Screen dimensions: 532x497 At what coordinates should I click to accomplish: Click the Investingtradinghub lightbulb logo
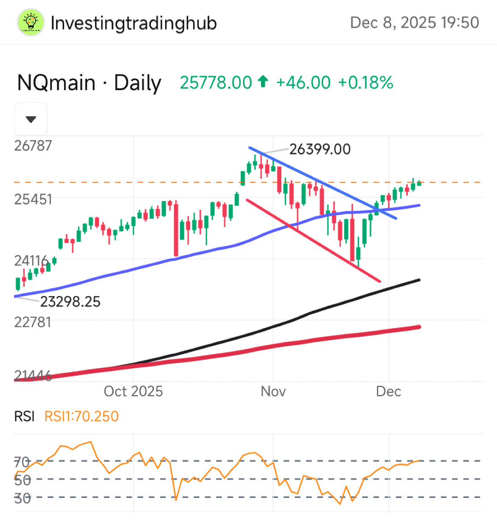point(31,23)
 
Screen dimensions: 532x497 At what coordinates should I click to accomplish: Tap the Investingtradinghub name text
point(133,23)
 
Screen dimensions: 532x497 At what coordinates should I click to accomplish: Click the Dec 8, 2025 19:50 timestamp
point(414,23)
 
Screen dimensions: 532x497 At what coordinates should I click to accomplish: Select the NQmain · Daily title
point(89,83)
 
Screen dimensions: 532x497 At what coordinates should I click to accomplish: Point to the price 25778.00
point(216,83)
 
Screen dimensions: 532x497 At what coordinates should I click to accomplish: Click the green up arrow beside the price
point(263,81)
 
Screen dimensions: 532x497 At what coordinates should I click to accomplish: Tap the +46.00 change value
point(303,83)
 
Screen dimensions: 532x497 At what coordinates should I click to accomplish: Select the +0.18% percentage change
point(366,83)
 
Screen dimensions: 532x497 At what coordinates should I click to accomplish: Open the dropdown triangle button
point(31,119)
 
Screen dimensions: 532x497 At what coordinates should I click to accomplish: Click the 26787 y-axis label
point(33,146)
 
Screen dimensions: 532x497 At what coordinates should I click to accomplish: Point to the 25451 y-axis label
point(33,199)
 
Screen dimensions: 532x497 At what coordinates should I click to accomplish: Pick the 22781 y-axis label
point(33,322)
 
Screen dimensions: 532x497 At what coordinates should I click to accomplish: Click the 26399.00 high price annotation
point(320,149)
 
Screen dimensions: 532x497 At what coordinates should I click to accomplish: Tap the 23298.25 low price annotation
point(71,302)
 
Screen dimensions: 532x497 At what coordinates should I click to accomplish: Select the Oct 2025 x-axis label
point(133,391)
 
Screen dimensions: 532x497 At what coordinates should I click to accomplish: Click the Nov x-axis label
point(273,391)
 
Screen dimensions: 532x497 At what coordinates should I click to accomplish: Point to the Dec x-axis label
point(388,391)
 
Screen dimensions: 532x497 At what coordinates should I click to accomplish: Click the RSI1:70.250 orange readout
point(82,416)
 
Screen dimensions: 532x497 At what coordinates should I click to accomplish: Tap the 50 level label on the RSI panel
point(23,480)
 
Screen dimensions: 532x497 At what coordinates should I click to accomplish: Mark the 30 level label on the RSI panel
point(23,498)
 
